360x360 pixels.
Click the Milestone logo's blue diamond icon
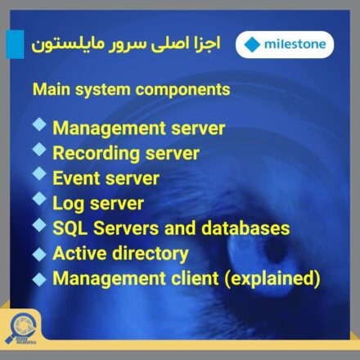point(252,45)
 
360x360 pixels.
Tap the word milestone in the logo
point(295,44)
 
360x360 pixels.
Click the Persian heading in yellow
point(125,44)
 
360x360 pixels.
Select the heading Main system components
point(131,90)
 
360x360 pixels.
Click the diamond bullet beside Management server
point(39,125)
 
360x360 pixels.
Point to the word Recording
point(97,154)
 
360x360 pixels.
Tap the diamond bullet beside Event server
point(39,173)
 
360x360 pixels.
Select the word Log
point(69,204)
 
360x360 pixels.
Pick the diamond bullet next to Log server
point(39,198)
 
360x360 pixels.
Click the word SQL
point(70,228)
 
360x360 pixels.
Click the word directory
point(151,254)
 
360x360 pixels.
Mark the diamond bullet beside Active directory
point(39,254)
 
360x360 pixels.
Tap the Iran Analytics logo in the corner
point(21,330)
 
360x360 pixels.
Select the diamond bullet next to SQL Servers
point(39,225)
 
